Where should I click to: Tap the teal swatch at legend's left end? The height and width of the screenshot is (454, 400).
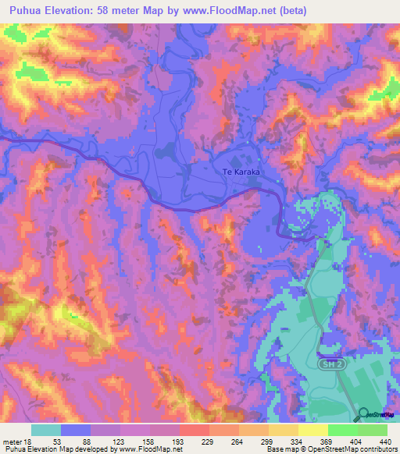[x=46, y=430]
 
